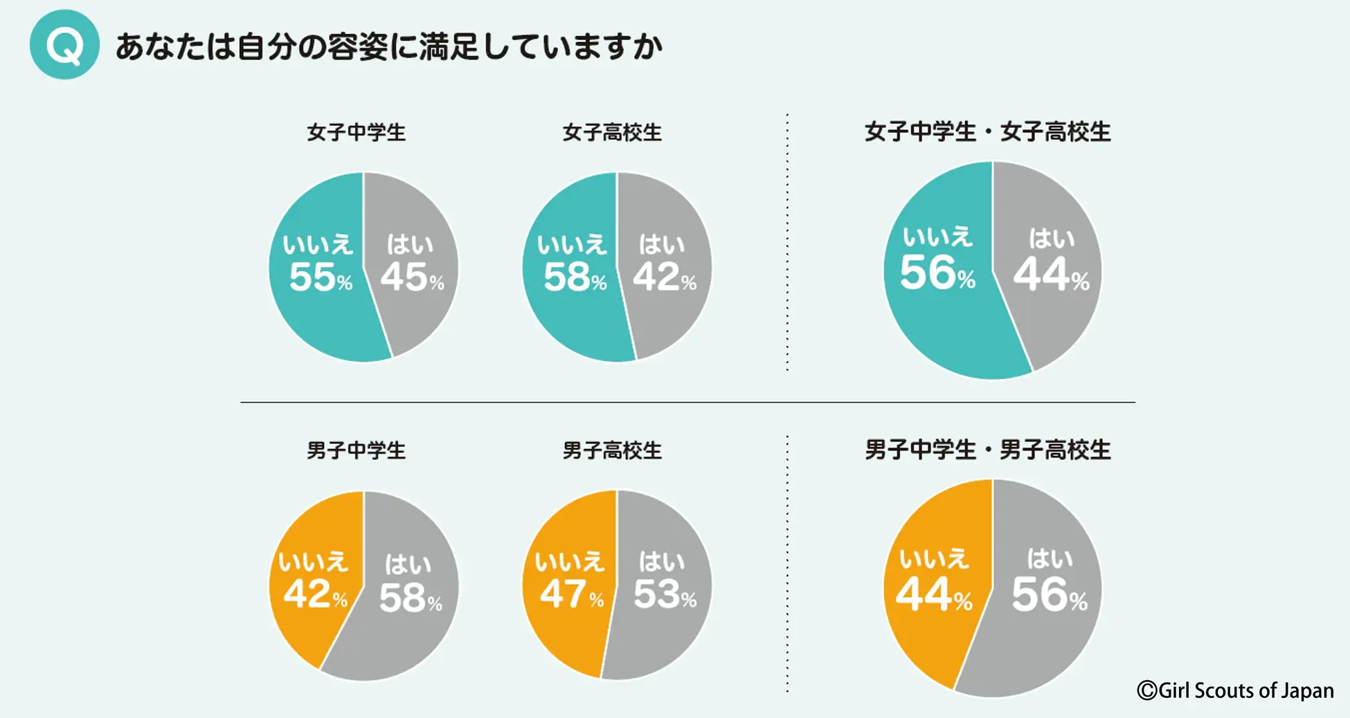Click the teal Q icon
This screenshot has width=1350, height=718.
click(64, 44)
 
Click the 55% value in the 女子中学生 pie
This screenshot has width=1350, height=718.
click(321, 277)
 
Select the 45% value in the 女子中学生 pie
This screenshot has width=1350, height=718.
click(412, 277)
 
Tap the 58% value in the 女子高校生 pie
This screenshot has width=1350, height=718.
click(575, 277)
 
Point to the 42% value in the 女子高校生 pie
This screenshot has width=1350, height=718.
click(664, 277)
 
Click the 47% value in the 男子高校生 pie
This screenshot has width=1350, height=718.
click(571, 594)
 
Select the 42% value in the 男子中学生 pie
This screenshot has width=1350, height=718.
click(315, 594)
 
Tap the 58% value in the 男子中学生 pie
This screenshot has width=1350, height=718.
click(410, 598)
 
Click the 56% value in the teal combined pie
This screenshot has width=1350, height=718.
click(937, 273)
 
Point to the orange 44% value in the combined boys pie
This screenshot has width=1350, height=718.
click(933, 595)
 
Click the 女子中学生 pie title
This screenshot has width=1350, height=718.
click(356, 132)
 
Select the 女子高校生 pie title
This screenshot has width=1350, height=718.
click(612, 132)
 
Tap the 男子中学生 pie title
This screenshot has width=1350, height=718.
click(356, 450)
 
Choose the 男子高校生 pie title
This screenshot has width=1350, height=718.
click(612, 450)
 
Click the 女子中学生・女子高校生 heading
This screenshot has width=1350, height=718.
click(987, 131)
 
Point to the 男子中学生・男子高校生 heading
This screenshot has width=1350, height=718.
click(987, 450)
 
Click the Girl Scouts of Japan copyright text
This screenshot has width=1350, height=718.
click(1235, 690)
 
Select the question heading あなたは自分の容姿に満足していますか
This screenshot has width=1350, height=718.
click(388, 47)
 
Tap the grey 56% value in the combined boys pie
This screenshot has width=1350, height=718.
click(1049, 595)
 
